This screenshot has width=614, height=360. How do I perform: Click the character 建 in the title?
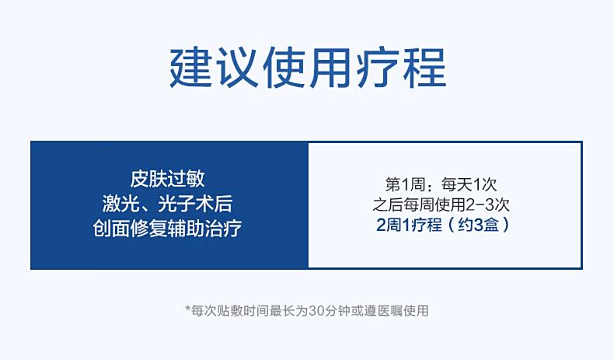pos(191,68)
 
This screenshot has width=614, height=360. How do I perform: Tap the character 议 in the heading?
pos(238,68)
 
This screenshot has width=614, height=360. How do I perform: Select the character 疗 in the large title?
pos(378,68)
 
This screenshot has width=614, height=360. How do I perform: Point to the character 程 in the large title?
pos(424,68)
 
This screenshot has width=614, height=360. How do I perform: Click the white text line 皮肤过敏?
pos(168,180)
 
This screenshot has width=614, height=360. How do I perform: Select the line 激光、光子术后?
pos(168,204)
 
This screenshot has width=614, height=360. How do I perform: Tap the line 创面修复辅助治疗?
pos(168,229)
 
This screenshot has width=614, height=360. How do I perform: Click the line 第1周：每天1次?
pos(441,184)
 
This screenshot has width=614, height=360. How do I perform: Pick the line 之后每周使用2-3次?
pos(441,204)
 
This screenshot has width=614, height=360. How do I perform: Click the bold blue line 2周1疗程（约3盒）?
pos(443,225)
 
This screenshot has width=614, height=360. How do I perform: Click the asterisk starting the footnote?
pos(188,308)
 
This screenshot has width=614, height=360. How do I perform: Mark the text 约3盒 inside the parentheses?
pos(479,225)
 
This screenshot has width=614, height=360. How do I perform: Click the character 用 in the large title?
pos(331,68)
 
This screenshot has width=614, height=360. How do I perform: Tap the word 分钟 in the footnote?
pos(337,311)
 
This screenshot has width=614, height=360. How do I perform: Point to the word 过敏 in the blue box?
pos(187,180)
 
